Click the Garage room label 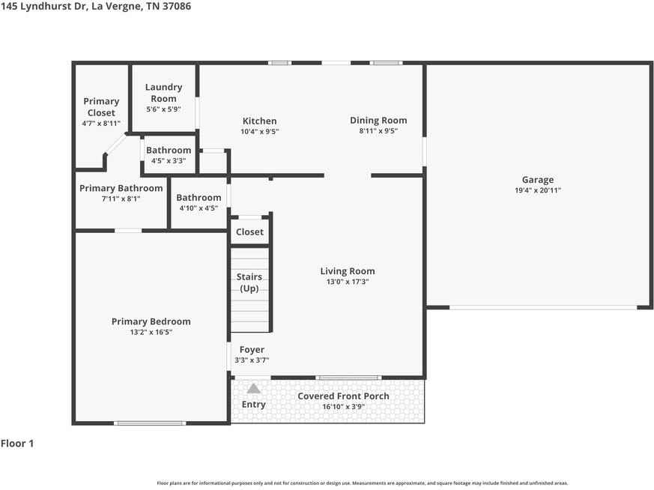point(538,180)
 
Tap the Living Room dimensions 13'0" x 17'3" point(348,282)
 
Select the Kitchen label point(259,121)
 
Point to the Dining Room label point(378,121)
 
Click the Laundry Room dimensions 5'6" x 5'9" point(163,109)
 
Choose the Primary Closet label point(101,106)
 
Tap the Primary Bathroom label point(121,188)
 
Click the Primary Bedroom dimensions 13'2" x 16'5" point(151,333)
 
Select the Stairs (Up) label point(249,282)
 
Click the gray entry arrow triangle point(254,389)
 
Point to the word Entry point(254,405)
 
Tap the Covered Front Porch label point(343,396)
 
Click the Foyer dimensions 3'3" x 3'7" point(252,360)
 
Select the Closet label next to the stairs point(249,232)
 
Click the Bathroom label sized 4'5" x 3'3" point(169,150)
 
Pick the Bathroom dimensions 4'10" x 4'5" point(199,208)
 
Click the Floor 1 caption point(17,444)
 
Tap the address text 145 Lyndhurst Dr point(43,6)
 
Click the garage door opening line point(543,307)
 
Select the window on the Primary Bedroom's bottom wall point(150,423)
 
